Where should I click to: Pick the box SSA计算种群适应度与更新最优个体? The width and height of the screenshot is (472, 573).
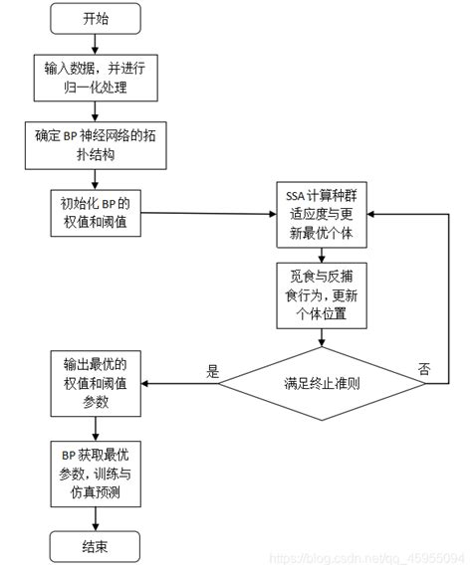tap(322, 213)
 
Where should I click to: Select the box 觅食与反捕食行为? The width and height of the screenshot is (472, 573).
tap(322, 294)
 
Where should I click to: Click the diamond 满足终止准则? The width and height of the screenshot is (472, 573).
tap(321, 382)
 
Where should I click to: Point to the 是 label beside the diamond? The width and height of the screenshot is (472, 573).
tap(211, 370)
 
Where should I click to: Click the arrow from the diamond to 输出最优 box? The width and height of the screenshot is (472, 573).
tap(179, 383)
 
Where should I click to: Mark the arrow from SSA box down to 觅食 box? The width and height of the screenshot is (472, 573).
tap(322, 253)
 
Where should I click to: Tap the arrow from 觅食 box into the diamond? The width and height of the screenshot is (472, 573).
tap(322, 338)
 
